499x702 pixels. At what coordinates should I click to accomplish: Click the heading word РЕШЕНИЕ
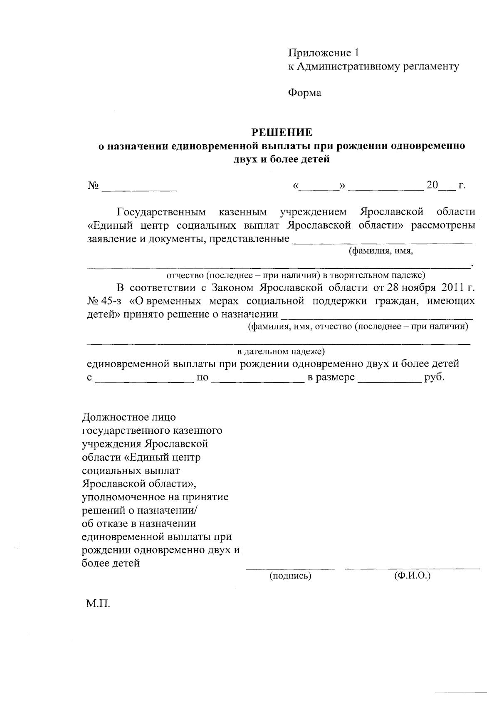(282, 133)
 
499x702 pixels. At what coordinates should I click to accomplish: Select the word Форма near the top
(305, 93)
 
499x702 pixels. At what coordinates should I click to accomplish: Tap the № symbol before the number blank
(93, 185)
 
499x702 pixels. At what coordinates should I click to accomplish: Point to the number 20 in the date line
(432, 185)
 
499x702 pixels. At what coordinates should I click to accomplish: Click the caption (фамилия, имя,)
(380, 251)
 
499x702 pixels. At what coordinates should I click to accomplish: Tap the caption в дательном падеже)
(281, 352)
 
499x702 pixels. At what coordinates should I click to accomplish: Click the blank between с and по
(144, 380)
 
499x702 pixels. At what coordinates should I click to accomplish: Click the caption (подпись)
(290, 576)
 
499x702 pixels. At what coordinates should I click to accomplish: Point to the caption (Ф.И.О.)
(412, 576)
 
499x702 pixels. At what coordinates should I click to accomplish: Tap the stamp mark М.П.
(98, 603)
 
